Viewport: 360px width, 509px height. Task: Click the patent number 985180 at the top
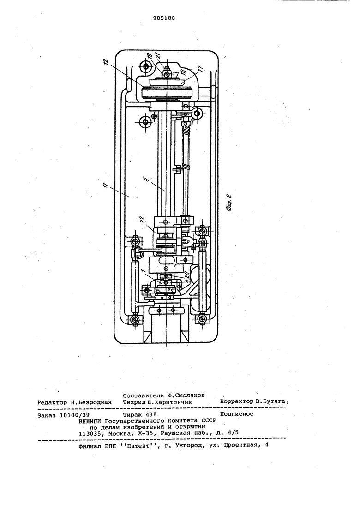(x=163, y=18)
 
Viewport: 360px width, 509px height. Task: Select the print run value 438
(x=151, y=414)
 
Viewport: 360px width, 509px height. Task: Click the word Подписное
(x=236, y=414)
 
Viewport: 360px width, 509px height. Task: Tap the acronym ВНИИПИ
(x=89, y=421)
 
